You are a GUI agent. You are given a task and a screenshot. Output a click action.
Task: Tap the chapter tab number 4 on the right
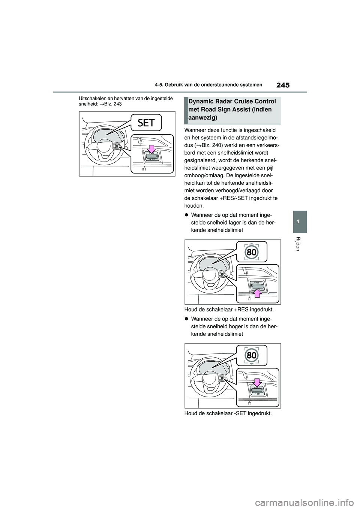(x=298, y=222)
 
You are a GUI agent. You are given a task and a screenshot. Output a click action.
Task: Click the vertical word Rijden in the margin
(x=298, y=244)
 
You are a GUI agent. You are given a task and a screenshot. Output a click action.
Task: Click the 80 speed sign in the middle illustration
(x=252, y=252)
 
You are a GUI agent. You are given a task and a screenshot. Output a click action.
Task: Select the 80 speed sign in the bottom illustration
(x=252, y=355)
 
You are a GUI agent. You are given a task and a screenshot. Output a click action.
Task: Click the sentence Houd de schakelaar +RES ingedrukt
(x=226, y=310)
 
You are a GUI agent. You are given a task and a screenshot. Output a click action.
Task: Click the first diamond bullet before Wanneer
(x=186, y=215)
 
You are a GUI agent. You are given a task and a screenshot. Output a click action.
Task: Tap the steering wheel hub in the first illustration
(x=103, y=148)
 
